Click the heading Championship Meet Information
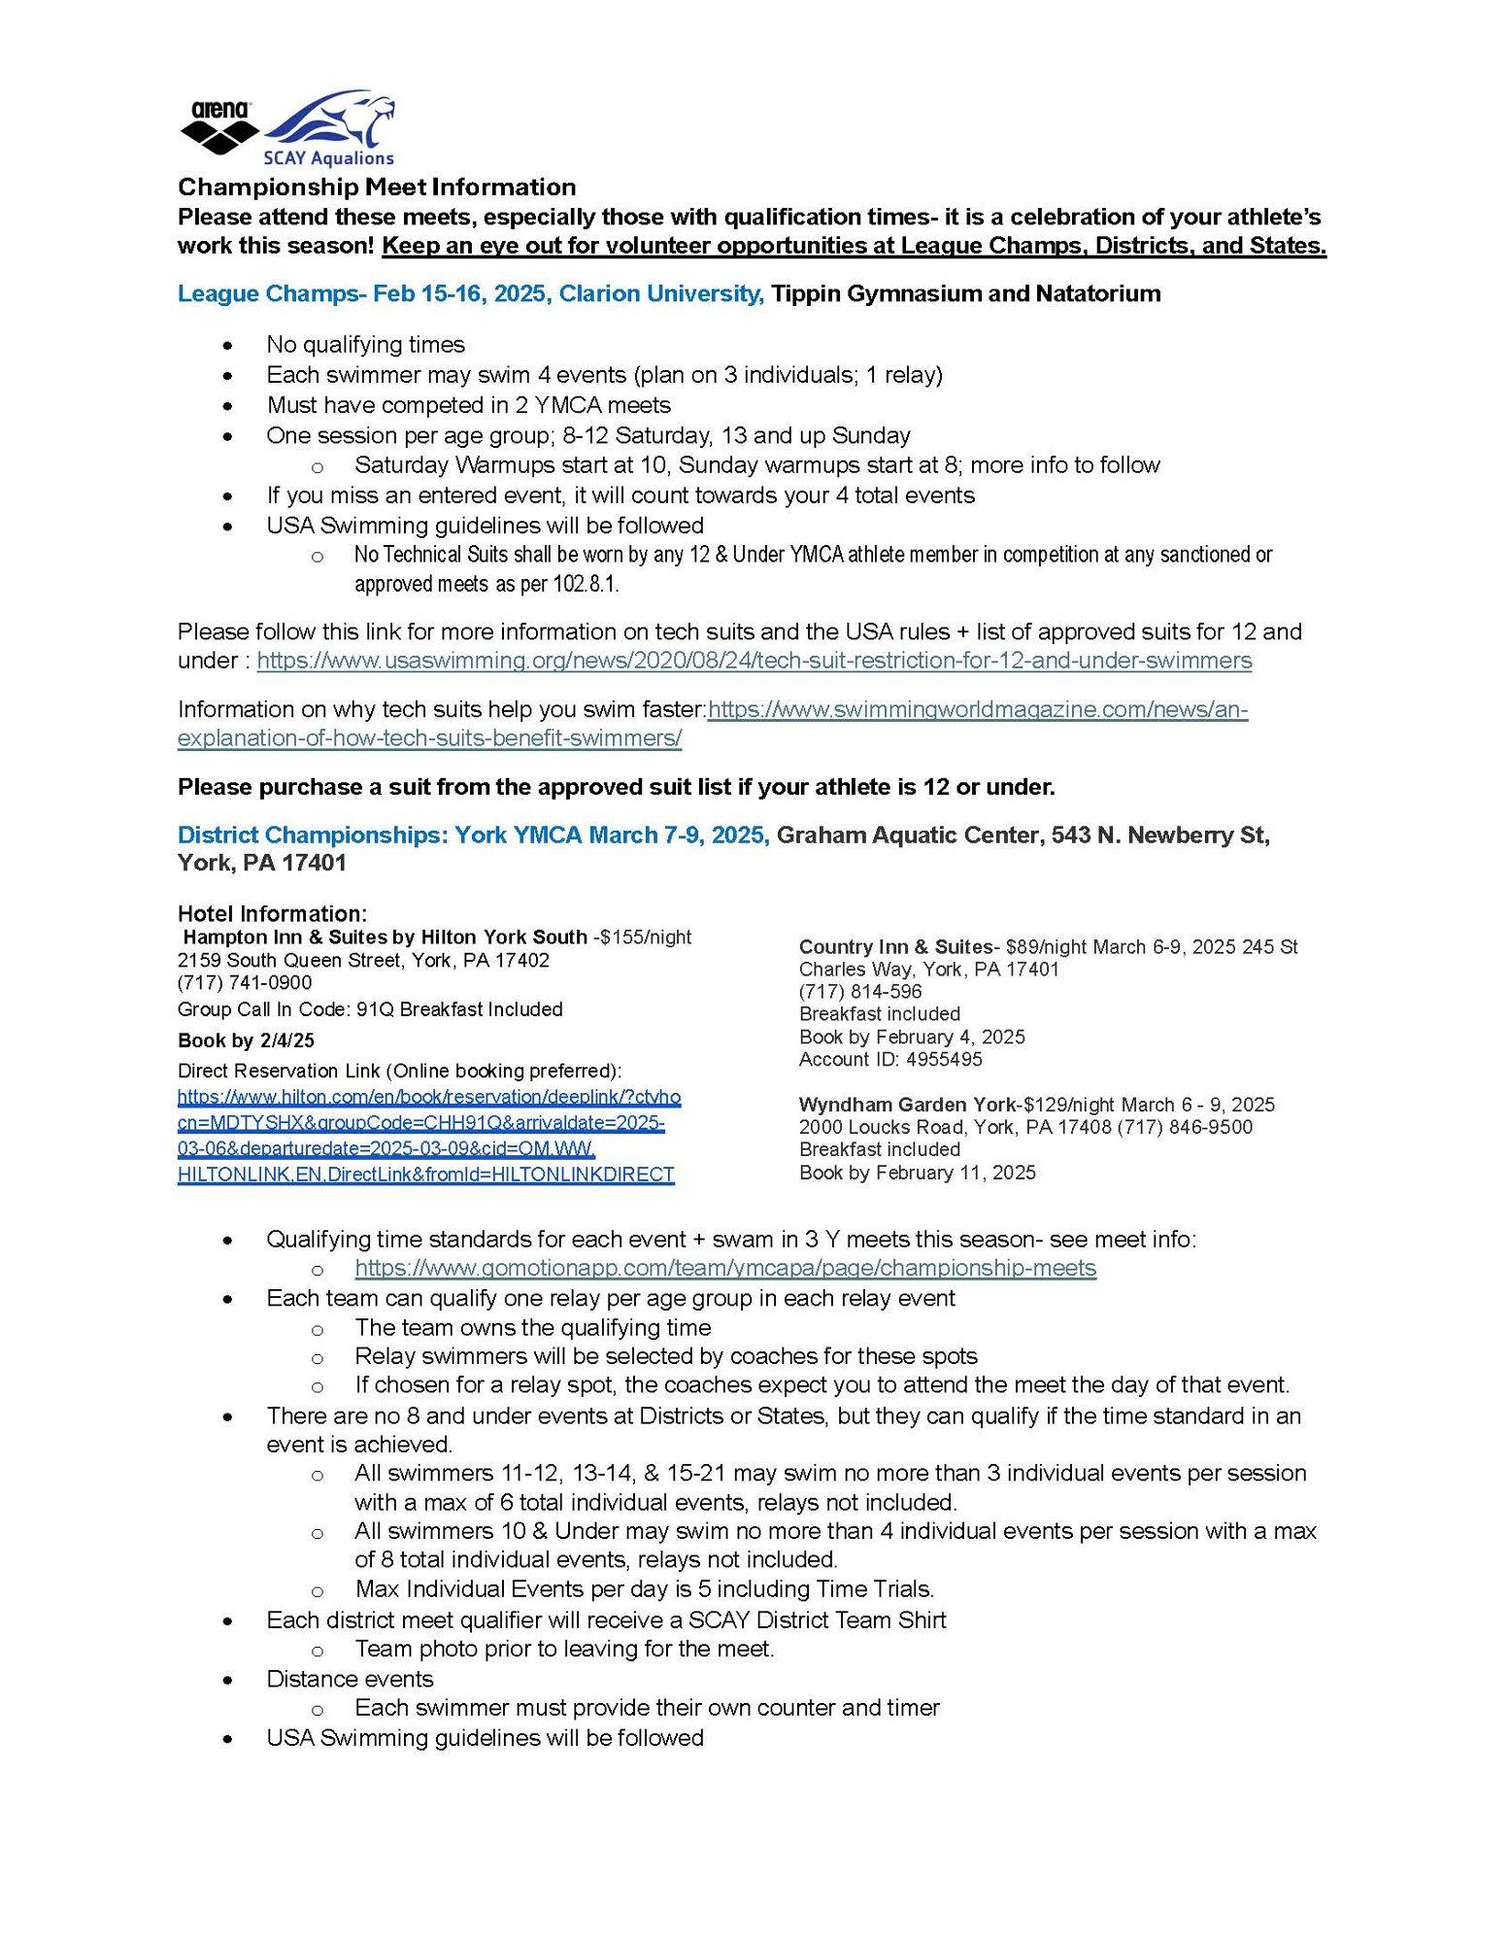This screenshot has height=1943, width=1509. tap(377, 187)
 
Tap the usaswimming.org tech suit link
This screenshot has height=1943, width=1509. tap(754, 661)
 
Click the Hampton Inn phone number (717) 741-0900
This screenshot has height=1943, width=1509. tap(245, 982)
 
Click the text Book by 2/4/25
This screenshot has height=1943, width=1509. tap(246, 1040)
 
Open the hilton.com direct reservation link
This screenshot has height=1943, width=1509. tap(428, 1136)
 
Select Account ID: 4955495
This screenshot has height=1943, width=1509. tap(890, 1059)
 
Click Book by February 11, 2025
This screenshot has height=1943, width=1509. tap(917, 1173)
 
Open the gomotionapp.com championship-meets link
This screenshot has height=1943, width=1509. tap(725, 1268)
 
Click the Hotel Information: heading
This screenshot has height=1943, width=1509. tap(272, 913)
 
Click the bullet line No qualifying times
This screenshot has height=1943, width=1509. tap(365, 345)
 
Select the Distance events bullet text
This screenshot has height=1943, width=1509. tap(350, 1679)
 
